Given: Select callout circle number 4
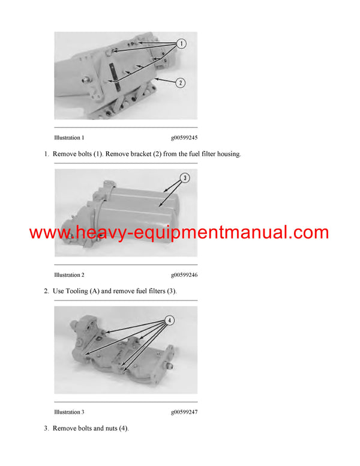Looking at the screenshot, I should pyautogui.click(x=170, y=321).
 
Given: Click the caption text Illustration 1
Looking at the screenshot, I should pyautogui.click(x=69, y=138).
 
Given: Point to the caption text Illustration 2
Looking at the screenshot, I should pyautogui.click(x=69, y=275).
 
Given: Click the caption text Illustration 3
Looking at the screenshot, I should pyautogui.click(x=69, y=412).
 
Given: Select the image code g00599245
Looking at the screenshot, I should pyautogui.click(x=184, y=138).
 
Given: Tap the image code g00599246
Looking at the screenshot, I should pyautogui.click(x=184, y=275).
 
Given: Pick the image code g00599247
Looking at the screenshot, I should pyautogui.click(x=184, y=412).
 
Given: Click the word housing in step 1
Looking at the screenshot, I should pyautogui.click(x=226, y=154).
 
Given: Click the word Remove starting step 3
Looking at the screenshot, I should pyautogui.click(x=65, y=428).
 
